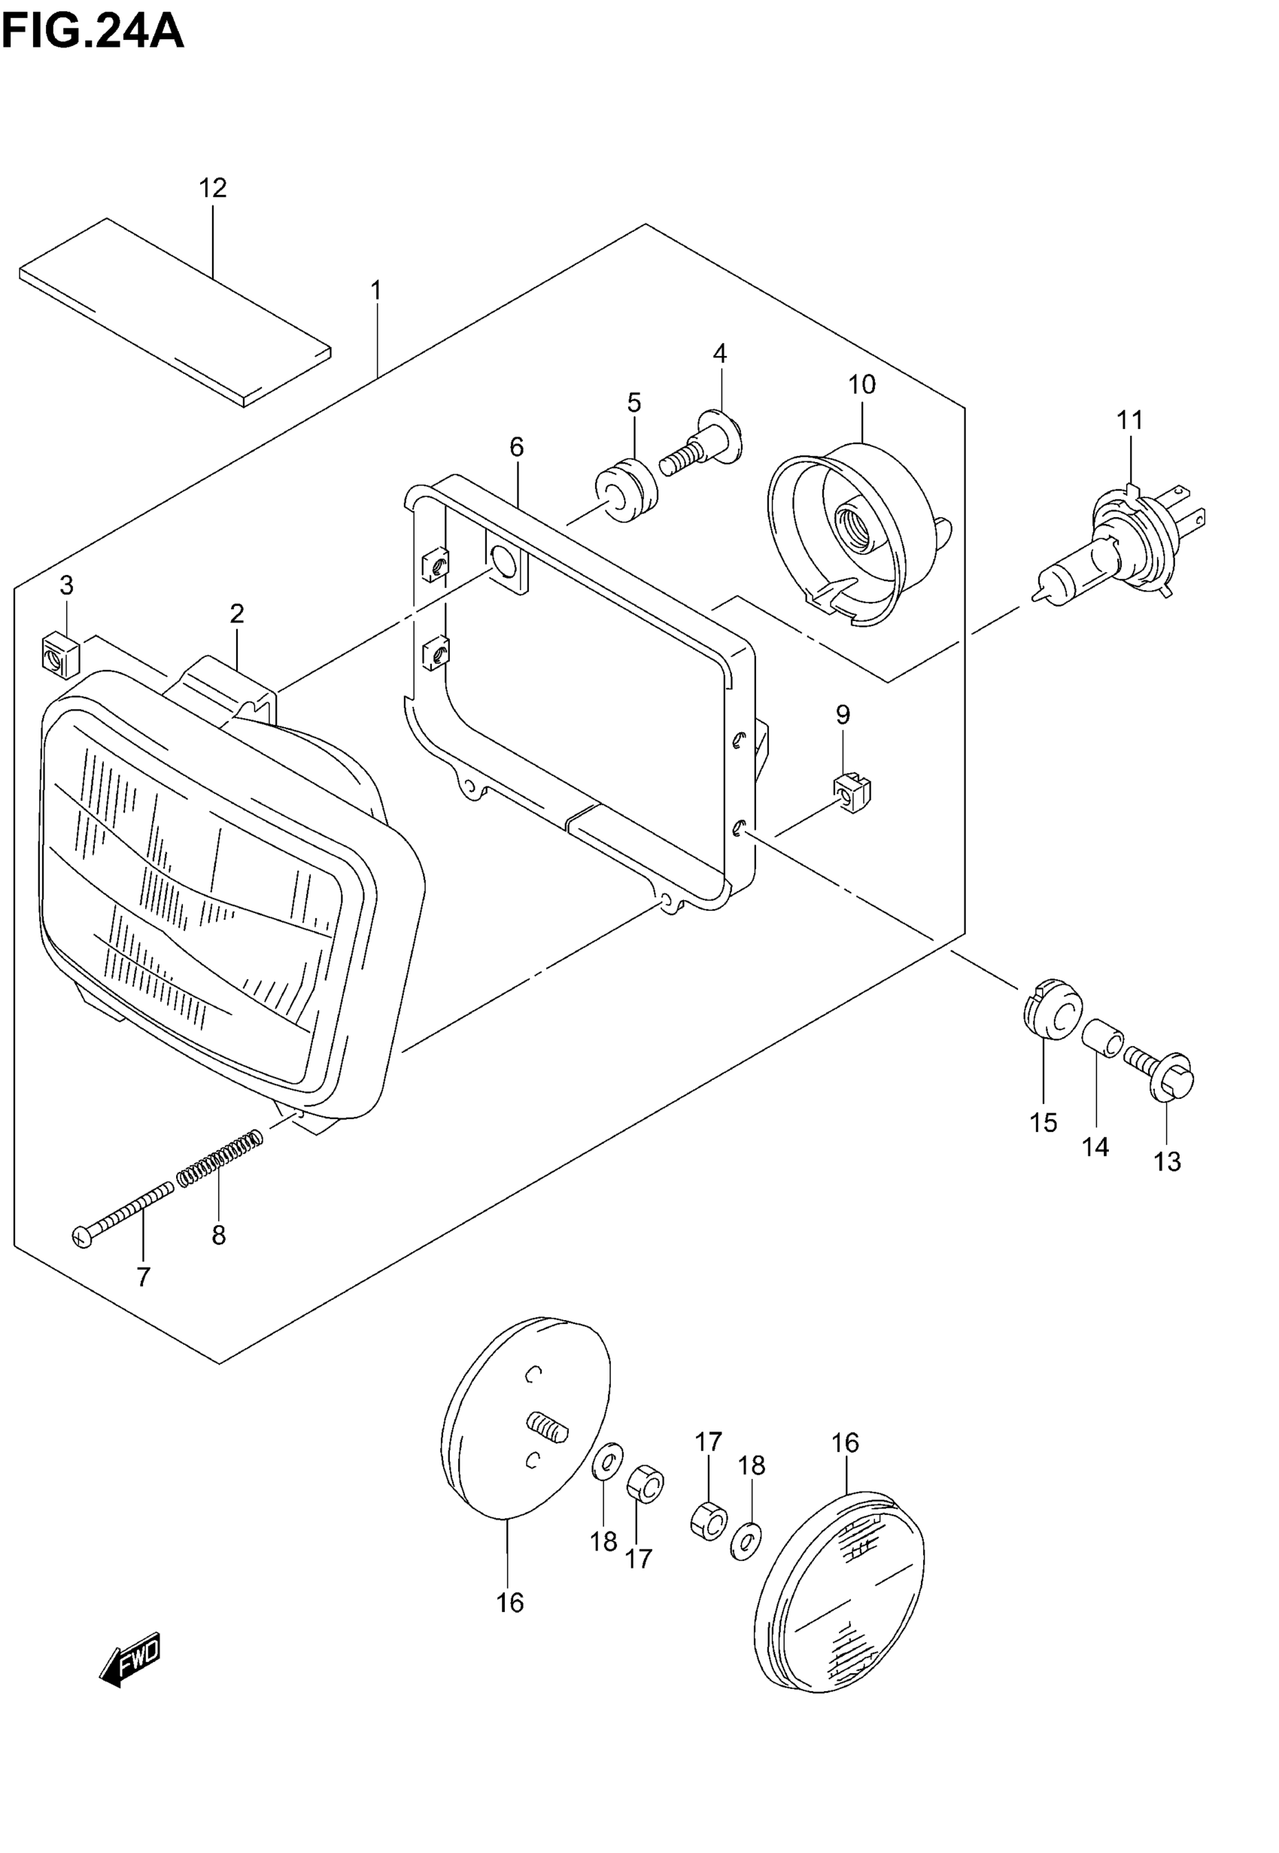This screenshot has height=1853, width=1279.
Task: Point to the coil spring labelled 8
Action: click(219, 1157)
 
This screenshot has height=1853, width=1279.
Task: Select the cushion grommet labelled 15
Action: click(1053, 1010)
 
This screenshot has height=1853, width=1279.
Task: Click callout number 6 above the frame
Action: click(516, 447)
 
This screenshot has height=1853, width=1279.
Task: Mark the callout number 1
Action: click(376, 290)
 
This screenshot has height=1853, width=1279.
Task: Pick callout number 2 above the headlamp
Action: click(236, 614)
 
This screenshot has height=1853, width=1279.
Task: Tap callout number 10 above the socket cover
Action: click(861, 385)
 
